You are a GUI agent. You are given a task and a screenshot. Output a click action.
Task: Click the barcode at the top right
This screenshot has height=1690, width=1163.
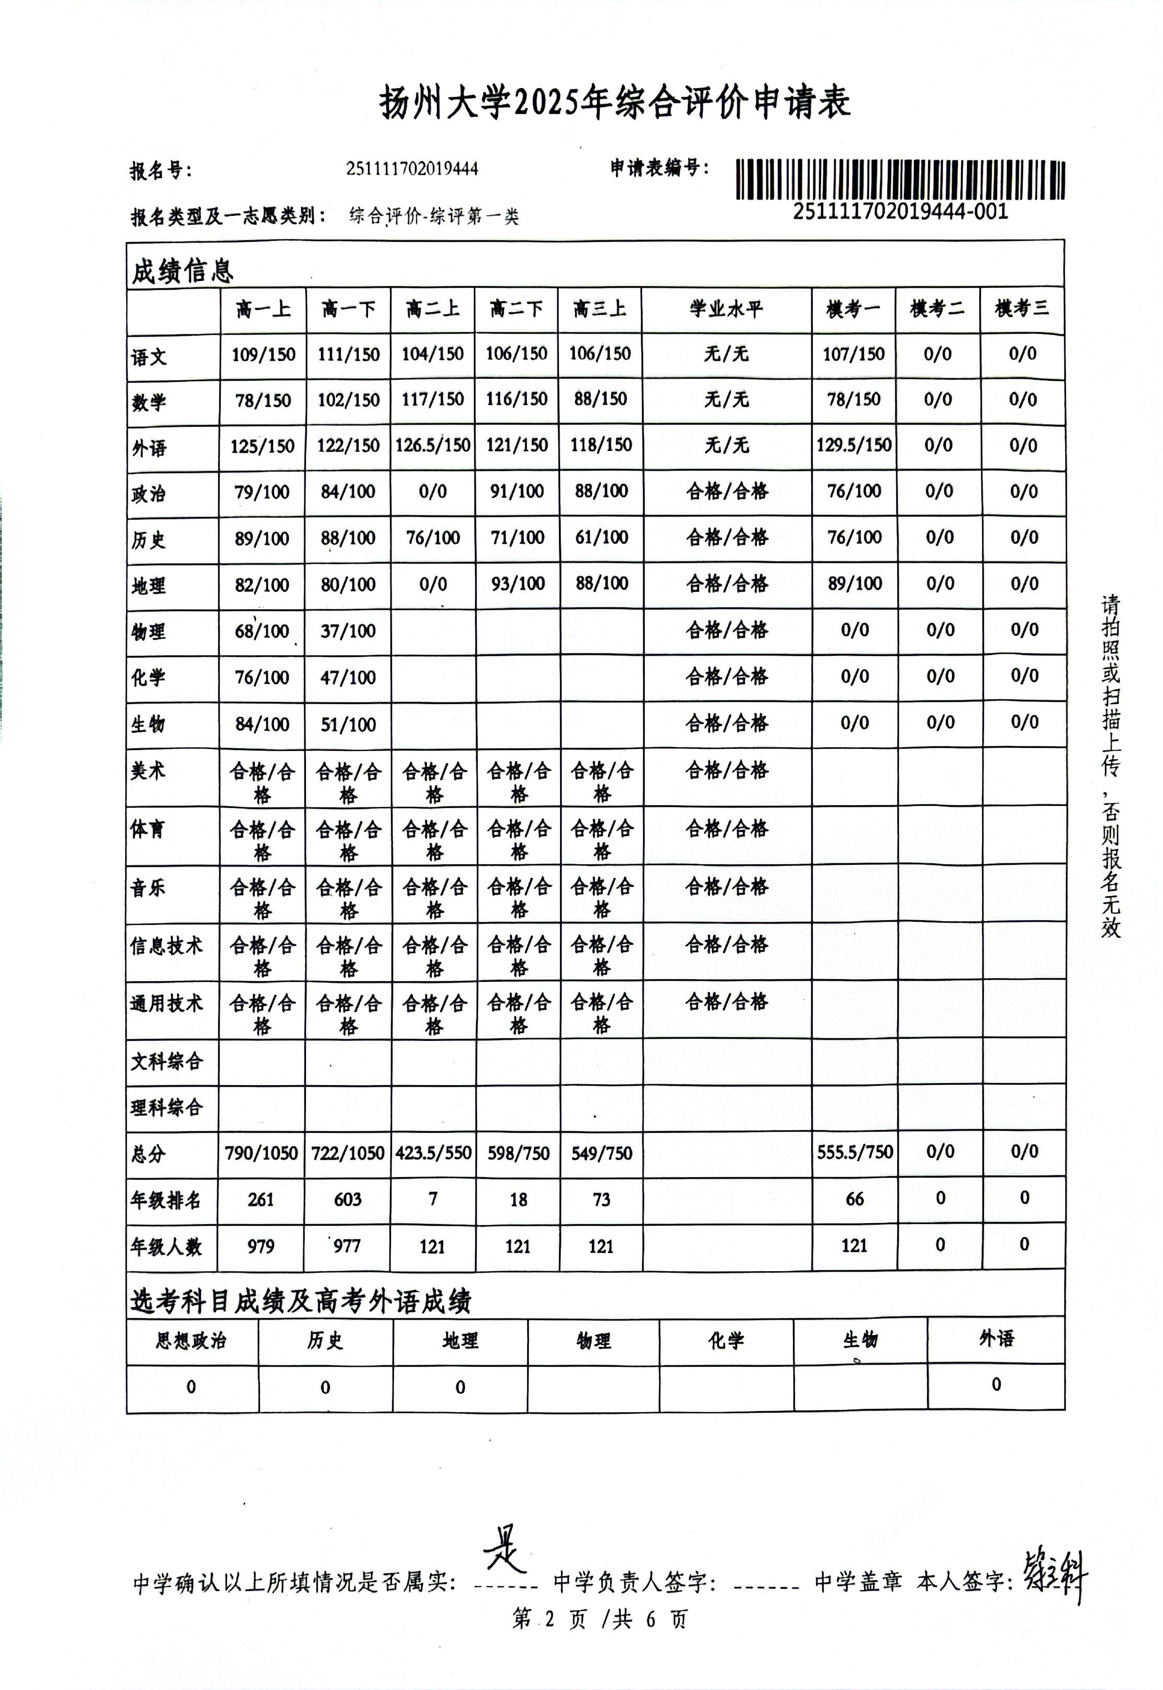[900, 179]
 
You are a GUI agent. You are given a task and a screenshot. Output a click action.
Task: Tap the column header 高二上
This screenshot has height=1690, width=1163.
[433, 309]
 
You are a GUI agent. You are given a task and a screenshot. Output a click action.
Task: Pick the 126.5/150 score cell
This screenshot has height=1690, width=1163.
[433, 445]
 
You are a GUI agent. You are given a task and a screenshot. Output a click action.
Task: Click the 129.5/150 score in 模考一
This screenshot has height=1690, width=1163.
[853, 445]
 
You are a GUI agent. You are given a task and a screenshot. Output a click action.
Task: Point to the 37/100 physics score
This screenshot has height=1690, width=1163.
[348, 631]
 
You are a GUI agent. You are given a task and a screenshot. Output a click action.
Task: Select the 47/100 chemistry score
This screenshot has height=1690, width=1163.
[348, 677]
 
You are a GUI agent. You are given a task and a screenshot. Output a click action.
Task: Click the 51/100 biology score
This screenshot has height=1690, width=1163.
[348, 724]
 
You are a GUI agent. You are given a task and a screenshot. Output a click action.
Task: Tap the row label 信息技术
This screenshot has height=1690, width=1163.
[166, 946]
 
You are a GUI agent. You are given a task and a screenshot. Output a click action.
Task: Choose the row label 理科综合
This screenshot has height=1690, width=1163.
[166, 1108]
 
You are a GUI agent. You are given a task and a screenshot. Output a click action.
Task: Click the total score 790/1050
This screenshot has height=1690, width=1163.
[262, 1153]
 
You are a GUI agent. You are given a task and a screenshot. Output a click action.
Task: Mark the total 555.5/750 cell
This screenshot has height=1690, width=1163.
[854, 1152]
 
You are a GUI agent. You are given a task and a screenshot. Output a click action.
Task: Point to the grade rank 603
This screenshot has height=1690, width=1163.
[348, 1199]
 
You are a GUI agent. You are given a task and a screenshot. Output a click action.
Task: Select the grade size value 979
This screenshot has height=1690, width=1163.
[261, 1246]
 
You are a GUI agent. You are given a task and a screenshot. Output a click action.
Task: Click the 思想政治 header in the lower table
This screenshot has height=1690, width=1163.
[191, 1341]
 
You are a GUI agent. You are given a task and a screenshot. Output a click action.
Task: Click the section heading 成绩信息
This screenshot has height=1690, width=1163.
[182, 271]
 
